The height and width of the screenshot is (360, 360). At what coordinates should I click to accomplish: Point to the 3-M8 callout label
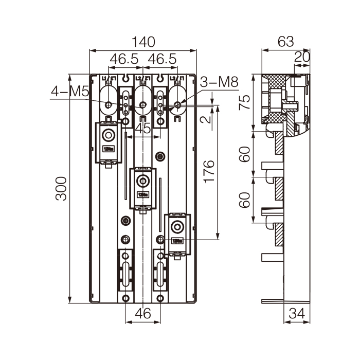219,82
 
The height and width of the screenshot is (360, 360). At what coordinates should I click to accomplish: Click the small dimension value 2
206,120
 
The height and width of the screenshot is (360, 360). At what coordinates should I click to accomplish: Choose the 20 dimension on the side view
302,57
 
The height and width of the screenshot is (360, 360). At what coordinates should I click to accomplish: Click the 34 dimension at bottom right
296,313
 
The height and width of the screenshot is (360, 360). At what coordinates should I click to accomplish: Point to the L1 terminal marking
108,78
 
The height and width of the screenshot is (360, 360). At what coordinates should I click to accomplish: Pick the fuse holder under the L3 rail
177,233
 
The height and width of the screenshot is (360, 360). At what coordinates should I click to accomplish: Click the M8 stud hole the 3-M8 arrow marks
177,105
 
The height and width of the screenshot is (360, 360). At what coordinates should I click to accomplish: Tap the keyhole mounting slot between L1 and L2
125,79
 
